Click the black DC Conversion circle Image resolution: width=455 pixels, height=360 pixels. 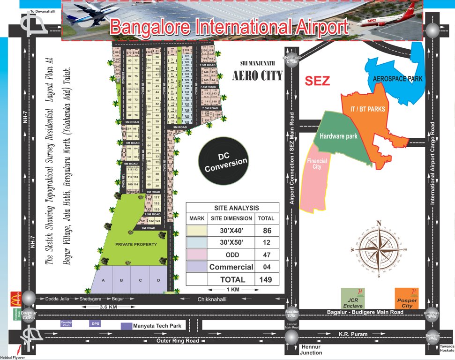pyautogui.click(x=225, y=162)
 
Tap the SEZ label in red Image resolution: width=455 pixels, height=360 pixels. pyautogui.click(x=317, y=81)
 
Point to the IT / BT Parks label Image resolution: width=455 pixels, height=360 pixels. pyautogui.click(x=368, y=109)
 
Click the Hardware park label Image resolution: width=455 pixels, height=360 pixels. pyautogui.click(x=338, y=136)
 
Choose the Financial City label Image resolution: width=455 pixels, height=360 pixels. pyautogui.click(x=317, y=164)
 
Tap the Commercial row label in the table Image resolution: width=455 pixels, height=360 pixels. pyautogui.click(x=231, y=267)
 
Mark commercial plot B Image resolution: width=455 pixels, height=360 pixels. pyautogui.click(x=121, y=280)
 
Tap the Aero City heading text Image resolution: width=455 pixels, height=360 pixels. pyautogui.click(x=257, y=75)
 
